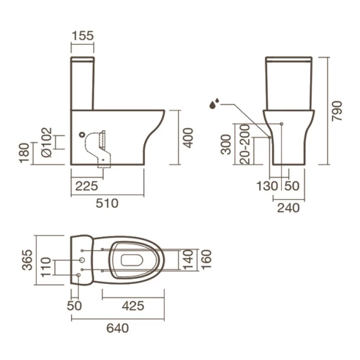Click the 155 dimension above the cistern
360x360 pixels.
(82, 36)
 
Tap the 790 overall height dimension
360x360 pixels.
(337, 111)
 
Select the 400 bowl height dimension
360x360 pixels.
(188, 138)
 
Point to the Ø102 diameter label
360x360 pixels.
(47, 143)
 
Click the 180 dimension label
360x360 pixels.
(24, 153)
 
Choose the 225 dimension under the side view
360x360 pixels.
(87, 186)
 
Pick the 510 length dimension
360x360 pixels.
(107, 203)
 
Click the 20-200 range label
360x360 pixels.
(245, 144)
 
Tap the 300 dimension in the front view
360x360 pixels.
(226, 145)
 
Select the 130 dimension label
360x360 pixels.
(267, 186)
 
